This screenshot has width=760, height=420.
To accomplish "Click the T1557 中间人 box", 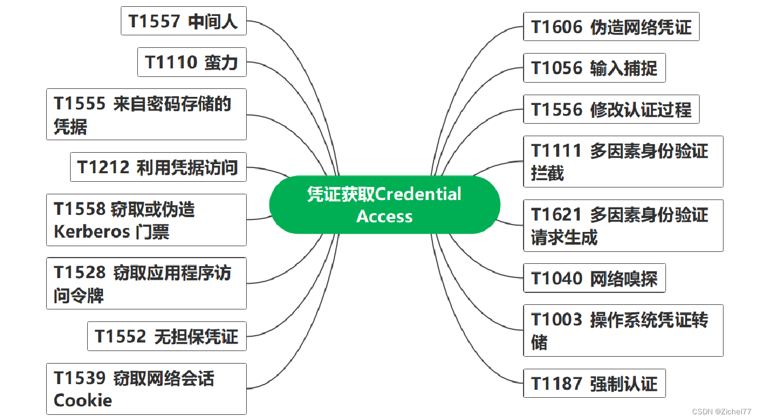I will coord(183,21).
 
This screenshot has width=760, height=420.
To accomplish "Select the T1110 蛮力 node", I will coord(191,62).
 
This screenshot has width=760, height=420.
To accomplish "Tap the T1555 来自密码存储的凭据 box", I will coord(146,114).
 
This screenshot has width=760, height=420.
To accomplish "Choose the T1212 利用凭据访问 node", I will coord(158,168).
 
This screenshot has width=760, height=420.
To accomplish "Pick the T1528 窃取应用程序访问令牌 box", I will coord(146,283).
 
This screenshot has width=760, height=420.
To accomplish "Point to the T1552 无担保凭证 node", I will coord(166,336).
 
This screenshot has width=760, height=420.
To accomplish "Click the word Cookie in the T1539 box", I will coord(83,400).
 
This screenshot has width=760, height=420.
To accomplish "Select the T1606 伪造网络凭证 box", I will coord(611,27).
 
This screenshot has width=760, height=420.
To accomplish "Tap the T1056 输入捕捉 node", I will coord(594,68).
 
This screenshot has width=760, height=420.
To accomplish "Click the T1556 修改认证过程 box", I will coord(611,109).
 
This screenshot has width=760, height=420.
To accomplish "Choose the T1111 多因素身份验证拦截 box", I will coord(623,161).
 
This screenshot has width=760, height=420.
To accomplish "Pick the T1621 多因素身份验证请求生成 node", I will coord(623,225).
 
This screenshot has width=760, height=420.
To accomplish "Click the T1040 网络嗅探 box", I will coord(594,279).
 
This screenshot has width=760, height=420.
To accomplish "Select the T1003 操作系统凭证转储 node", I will coord(623,331).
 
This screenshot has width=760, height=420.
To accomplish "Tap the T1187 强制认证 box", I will coord(594,384).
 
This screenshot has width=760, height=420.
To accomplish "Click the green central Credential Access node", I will coord(385,205).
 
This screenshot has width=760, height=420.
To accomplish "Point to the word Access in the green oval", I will coord(385,217).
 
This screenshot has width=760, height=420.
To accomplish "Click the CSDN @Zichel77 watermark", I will coord(721,411).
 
